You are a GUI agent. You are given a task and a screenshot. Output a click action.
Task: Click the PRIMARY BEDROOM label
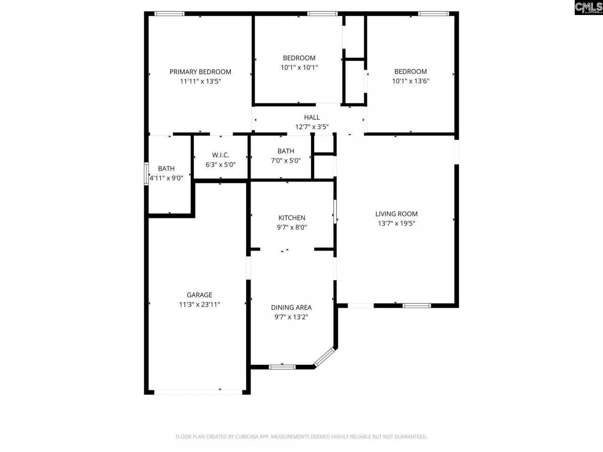[200, 72]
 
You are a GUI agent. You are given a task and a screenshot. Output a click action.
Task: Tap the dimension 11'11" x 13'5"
[200, 81]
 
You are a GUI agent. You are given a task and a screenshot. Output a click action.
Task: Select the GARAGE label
[199, 295]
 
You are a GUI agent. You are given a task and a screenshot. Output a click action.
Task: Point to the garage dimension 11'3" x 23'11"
[199, 305]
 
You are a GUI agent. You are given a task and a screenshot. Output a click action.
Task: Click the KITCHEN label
[292, 218]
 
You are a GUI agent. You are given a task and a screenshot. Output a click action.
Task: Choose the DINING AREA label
[291, 307]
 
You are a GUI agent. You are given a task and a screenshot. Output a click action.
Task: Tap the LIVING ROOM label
[396, 214]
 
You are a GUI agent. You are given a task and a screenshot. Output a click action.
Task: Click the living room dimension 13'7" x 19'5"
[396, 224]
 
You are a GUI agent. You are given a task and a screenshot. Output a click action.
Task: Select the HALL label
[311, 117]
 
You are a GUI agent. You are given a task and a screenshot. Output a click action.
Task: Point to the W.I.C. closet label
[220, 155]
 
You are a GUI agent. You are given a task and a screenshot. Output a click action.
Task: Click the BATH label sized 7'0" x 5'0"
[285, 151]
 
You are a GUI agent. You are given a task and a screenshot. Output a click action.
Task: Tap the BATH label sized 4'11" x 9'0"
[166, 169]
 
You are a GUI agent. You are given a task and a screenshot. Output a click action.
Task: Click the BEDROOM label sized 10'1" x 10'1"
[299, 58]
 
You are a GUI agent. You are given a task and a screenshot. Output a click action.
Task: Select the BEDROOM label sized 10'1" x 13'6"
[410, 72]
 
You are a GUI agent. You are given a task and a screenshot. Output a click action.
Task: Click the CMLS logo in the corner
[588, 8]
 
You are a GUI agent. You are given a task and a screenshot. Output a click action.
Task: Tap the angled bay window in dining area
[324, 357]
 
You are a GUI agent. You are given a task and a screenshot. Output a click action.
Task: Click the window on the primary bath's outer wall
[146, 174]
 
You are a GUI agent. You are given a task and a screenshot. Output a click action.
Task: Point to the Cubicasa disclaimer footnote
[301, 437]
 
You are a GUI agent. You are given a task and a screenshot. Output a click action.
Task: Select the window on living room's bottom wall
[416, 306]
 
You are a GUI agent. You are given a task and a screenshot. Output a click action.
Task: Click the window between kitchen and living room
[335, 212]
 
